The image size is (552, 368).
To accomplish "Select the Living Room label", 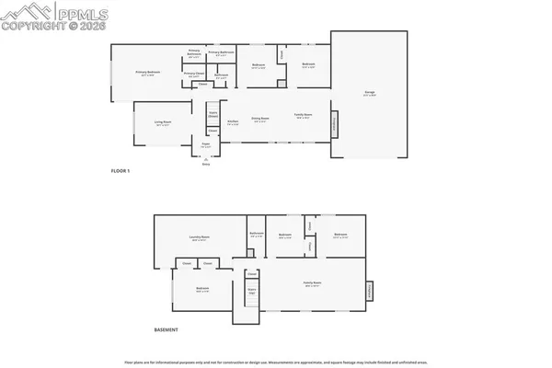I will [163, 122].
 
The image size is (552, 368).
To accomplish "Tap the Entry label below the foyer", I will [206, 164].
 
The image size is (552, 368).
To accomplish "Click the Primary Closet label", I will [193, 74].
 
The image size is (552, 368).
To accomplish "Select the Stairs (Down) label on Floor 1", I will [213, 115].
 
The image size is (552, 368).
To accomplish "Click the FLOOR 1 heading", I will [121, 170].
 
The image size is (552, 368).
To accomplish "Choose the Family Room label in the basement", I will [313, 283].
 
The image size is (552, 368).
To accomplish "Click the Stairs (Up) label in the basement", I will [251, 292].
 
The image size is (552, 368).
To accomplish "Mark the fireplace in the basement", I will [370, 288].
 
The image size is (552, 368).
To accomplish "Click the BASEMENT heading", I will [166, 329].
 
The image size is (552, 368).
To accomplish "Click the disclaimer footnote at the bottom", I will [276, 360].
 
